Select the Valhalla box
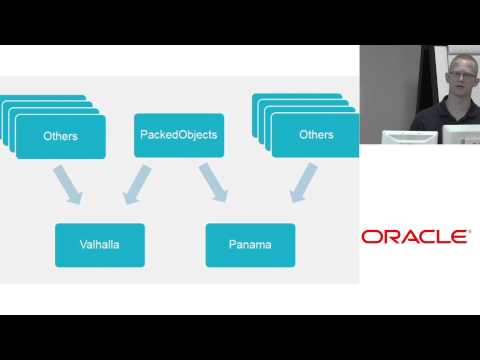click(x=100, y=244)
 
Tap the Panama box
click(x=250, y=244)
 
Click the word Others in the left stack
click(x=61, y=135)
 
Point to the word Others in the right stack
click(x=316, y=135)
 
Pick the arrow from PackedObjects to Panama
click(x=213, y=184)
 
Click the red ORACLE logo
click(x=415, y=237)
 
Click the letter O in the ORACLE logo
click(x=370, y=237)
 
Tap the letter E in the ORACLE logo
click(x=461, y=237)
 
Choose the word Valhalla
click(x=100, y=244)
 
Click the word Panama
click(x=250, y=244)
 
